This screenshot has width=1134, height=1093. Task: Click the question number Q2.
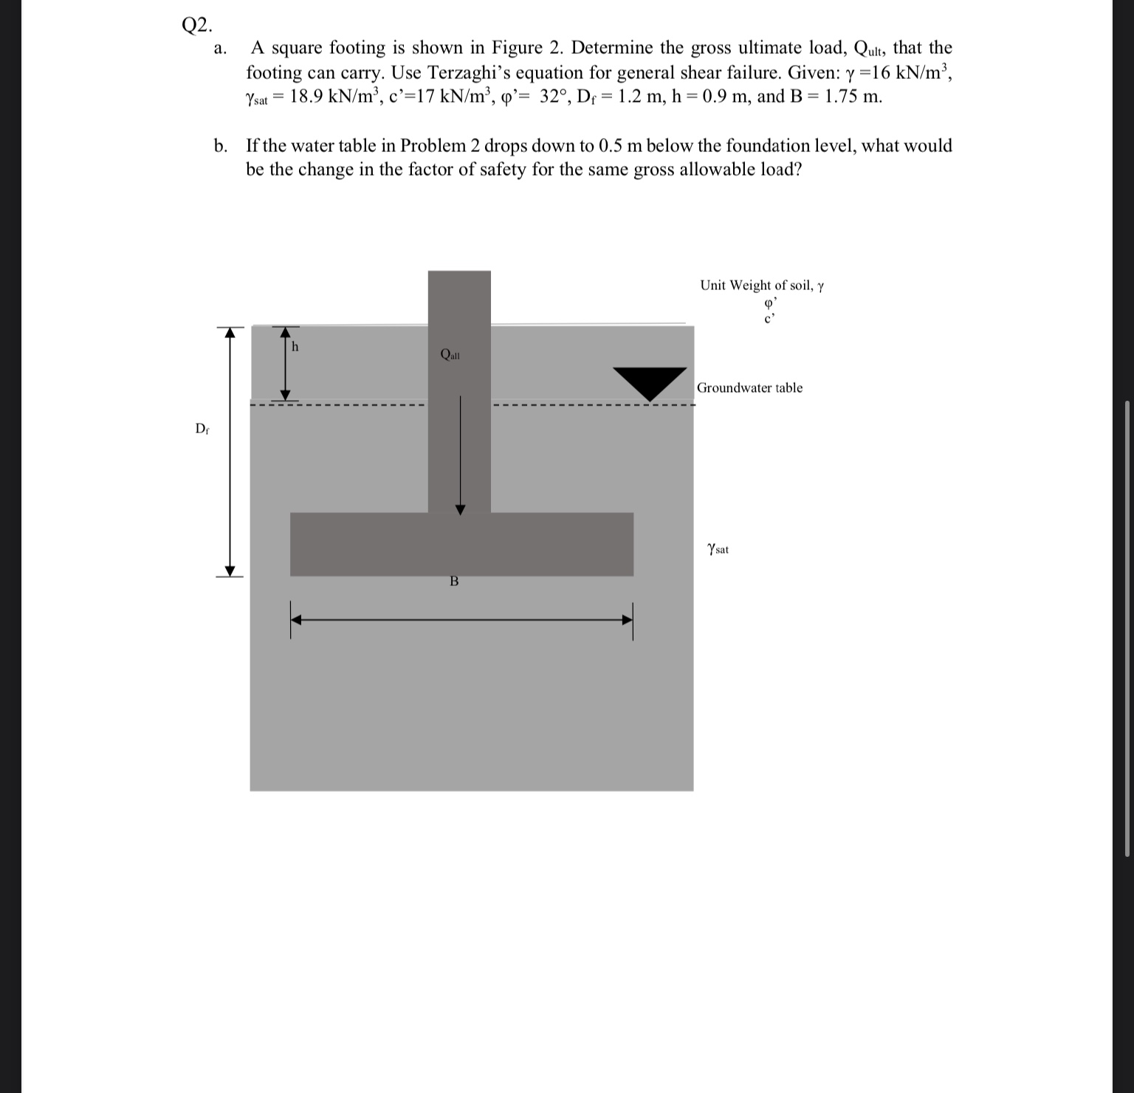(x=197, y=25)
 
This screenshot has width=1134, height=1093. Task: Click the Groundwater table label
(x=749, y=388)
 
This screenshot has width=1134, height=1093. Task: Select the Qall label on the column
(x=450, y=354)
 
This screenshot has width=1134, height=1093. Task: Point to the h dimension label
(x=295, y=346)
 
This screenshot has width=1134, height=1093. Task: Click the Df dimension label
(x=202, y=429)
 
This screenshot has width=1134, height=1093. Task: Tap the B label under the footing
(x=454, y=582)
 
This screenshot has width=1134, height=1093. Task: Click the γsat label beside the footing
(x=718, y=549)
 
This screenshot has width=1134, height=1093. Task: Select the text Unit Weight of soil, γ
(x=761, y=286)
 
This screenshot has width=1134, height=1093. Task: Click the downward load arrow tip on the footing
(x=460, y=510)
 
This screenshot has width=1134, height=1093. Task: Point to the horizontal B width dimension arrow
(x=461, y=620)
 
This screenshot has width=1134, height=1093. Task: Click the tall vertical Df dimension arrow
(x=230, y=452)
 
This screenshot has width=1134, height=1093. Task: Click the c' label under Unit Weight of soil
(x=769, y=318)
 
